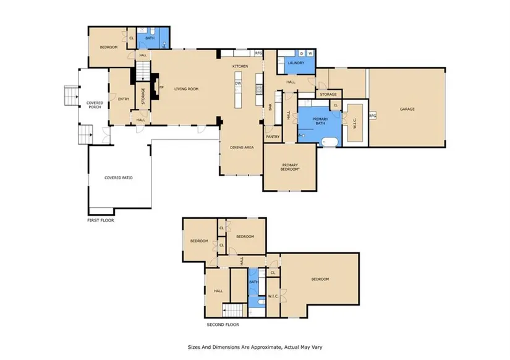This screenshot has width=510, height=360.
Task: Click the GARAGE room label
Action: coord(407,109)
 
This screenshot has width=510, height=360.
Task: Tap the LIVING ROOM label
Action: coord(186,89)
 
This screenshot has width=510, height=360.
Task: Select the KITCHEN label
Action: coord(240,66)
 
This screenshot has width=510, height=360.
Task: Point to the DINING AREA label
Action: coord(242,147)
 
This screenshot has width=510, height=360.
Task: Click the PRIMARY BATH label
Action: coord(320,121)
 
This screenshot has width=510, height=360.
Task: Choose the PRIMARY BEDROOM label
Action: coord(290,167)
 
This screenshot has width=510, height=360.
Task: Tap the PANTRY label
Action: coord(273,137)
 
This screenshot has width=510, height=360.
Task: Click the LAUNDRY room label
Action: coord(296,63)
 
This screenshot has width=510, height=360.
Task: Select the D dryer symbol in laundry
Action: coord(302,53)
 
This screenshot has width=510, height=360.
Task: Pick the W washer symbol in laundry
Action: coord(310,53)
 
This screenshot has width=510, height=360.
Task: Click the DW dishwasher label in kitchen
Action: coord(238,84)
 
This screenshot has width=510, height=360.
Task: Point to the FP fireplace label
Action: coord(161,87)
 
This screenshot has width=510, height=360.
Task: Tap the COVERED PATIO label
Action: coord(119,178)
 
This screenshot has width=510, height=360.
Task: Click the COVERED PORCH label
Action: coord(95,105)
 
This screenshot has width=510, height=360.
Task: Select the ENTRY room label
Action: coord(124,99)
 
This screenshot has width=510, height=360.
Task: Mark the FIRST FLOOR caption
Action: coord(101,220)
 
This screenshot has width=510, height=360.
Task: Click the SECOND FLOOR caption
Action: coord(223,325)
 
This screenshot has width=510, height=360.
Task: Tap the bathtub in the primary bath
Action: coord(330,142)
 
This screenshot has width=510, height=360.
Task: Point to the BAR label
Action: coord(270,107)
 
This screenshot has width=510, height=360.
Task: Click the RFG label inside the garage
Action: coord(373,116)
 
